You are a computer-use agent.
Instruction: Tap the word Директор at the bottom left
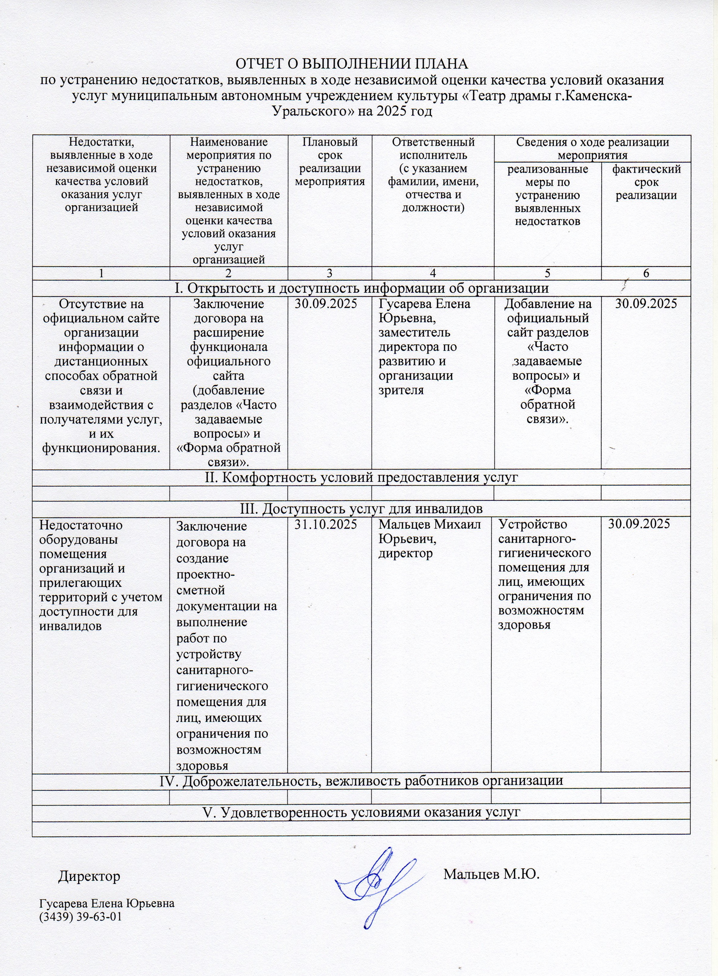[89, 876]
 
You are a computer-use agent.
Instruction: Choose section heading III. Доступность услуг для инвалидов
[361, 508]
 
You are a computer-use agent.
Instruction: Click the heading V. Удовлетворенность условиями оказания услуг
[361, 811]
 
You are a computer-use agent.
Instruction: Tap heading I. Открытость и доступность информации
[361, 288]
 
